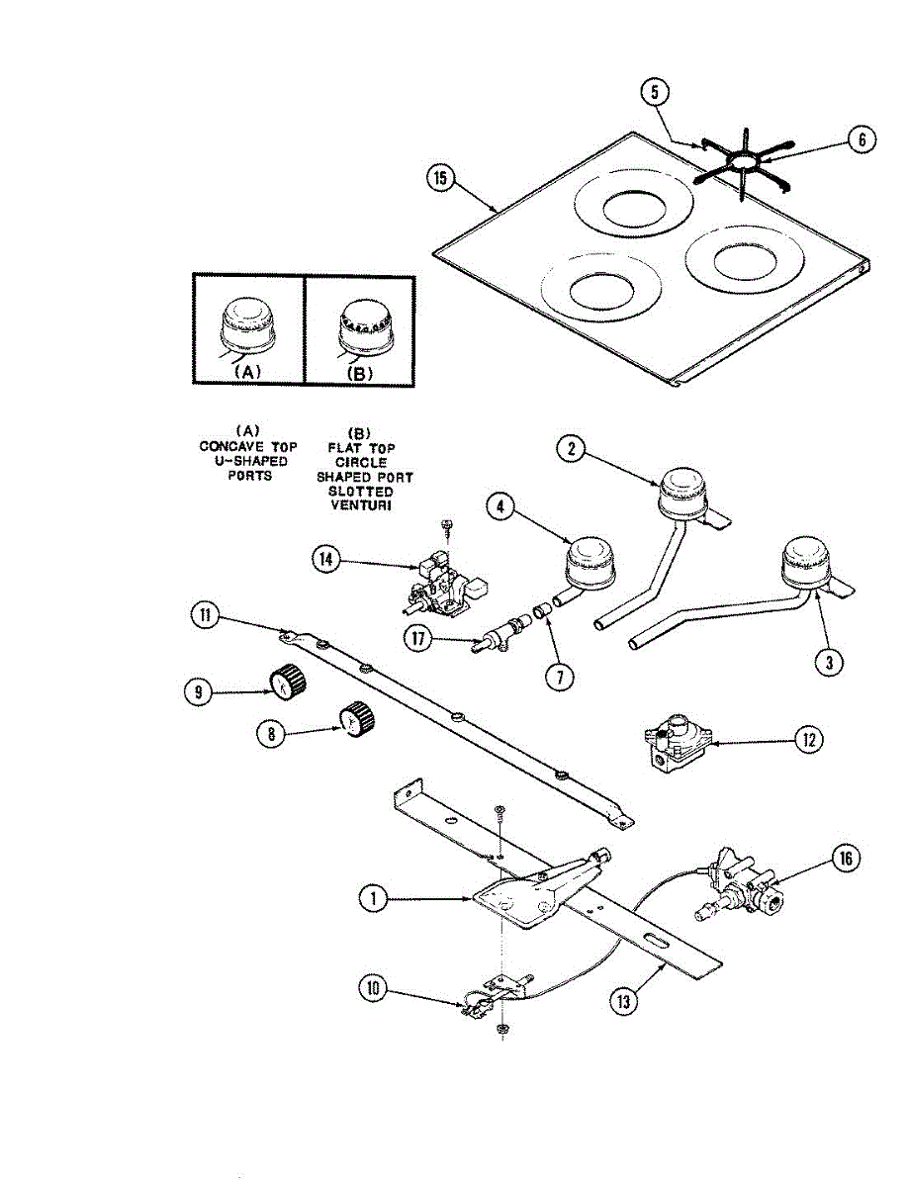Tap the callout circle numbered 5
[x=654, y=93]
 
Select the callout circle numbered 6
[x=862, y=140]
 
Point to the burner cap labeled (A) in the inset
[x=246, y=327]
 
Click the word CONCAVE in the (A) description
[x=226, y=446]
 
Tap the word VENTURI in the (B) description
[x=361, y=505]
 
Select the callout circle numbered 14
[x=325, y=559]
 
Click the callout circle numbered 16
[x=846, y=859]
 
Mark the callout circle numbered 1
[x=373, y=898]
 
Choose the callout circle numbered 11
[x=204, y=616]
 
